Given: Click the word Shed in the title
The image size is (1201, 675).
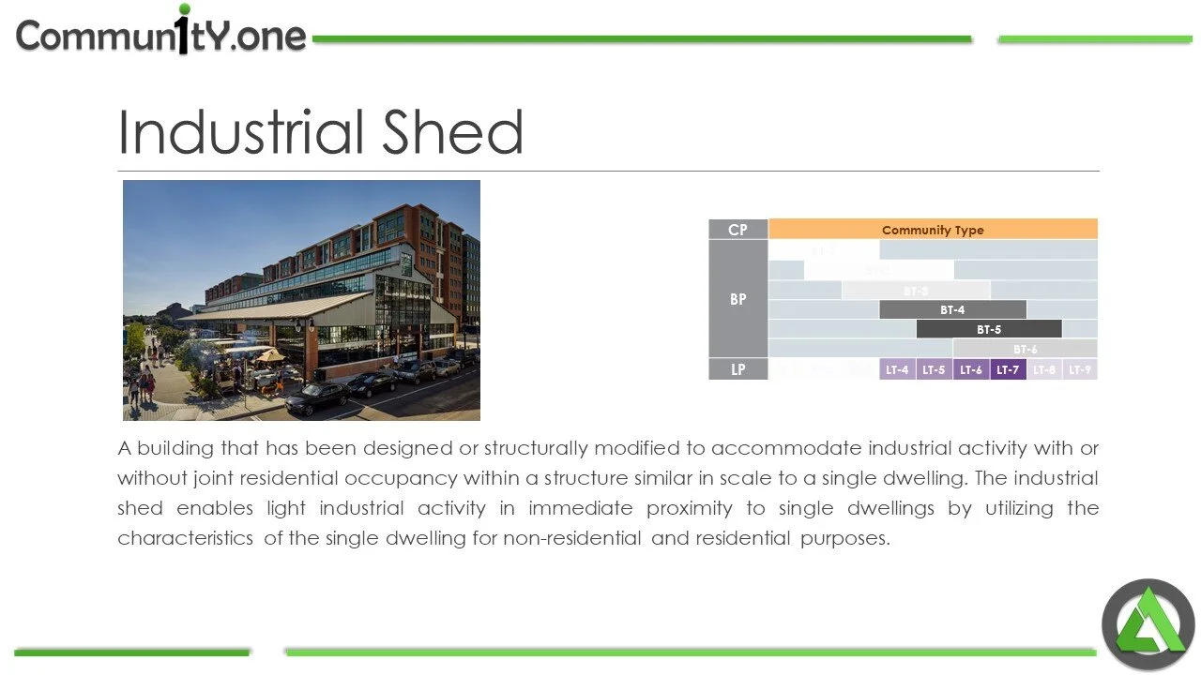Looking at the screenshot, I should click(x=451, y=133).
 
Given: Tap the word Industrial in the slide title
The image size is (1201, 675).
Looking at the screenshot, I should click(x=241, y=133).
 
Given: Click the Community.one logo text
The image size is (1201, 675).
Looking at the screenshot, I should click(x=161, y=36).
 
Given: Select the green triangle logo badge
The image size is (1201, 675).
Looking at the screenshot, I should click(x=1148, y=623).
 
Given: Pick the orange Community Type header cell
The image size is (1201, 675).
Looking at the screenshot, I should click(x=933, y=230).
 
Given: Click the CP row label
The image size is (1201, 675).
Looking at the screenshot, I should click(x=738, y=230).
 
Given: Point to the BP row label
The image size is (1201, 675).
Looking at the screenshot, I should click(x=738, y=299).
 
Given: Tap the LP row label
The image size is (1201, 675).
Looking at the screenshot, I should click(x=738, y=369).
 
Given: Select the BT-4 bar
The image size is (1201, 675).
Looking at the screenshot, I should click(x=952, y=309).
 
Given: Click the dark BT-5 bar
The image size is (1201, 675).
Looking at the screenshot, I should click(x=989, y=329).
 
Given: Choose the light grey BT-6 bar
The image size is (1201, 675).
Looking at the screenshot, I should click(x=1025, y=349).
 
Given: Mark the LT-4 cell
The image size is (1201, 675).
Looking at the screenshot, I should click(x=897, y=369).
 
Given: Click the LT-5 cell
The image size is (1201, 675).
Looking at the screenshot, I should click(x=934, y=369).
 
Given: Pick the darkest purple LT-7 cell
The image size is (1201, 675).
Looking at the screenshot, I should click(x=1008, y=369).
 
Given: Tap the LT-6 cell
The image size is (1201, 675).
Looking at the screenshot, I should click(x=971, y=369).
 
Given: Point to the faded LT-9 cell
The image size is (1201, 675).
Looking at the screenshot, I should click(x=1080, y=369).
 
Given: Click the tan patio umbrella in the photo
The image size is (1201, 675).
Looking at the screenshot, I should click(x=270, y=355).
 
